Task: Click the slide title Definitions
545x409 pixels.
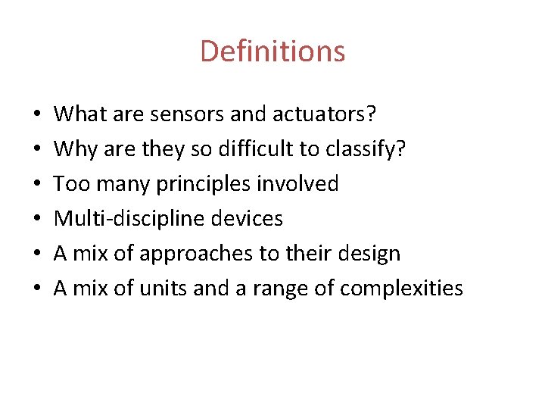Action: coord(272,52)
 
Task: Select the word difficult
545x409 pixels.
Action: coord(249,149)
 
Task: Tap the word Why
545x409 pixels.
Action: coord(73,149)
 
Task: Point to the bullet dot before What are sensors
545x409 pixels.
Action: coord(37,116)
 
